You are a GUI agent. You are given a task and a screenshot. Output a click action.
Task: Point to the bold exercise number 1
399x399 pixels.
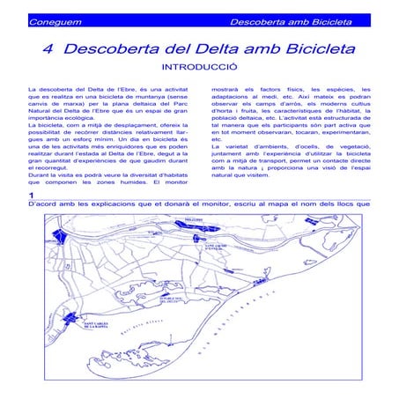[x=32, y=195]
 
